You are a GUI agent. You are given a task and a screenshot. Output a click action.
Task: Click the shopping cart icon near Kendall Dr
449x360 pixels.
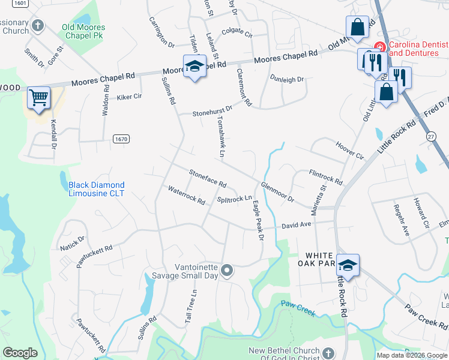(38, 97)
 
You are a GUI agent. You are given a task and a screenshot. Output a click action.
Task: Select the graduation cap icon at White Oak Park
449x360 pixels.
(348, 265)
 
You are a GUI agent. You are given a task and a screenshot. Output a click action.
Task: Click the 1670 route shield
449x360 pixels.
(121, 139)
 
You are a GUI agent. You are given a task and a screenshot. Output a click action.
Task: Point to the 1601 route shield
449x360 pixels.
(20, 3)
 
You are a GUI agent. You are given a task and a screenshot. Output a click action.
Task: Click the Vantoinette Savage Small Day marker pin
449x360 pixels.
(227, 271)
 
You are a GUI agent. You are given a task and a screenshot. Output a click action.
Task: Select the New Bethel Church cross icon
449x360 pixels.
(328, 353)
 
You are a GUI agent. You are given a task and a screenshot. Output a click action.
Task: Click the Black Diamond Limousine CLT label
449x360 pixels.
(97, 189)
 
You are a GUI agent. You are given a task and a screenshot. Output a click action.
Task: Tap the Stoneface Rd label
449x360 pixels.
(208, 179)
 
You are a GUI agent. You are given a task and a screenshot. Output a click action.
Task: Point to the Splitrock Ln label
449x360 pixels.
(234, 199)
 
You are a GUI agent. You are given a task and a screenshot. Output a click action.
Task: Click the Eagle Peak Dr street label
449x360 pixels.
(258, 220)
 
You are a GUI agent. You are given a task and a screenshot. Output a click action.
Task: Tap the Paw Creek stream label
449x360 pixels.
(298, 304)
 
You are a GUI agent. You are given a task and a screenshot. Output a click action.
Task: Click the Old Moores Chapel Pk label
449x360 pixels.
(83, 31)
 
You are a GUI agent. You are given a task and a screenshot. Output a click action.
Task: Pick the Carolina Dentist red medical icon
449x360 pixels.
(379, 46)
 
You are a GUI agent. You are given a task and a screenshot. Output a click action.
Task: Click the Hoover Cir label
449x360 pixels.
(350, 151)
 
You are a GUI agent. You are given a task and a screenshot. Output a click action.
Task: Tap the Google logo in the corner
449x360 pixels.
(20, 352)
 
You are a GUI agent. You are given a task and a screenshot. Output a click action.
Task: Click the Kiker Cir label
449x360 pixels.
(129, 97)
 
